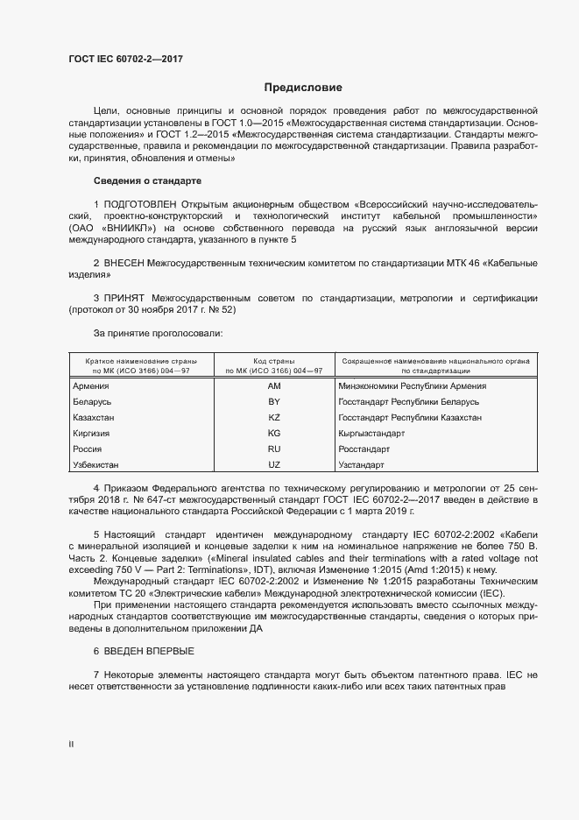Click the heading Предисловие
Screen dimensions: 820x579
click(x=303, y=88)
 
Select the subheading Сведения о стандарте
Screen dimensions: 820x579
click(x=147, y=180)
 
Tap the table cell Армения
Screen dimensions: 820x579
click(x=91, y=386)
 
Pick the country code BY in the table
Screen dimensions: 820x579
click(x=273, y=401)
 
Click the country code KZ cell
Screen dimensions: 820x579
click(x=273, y=417)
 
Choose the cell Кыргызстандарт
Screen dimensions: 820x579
click(x=371, y=433)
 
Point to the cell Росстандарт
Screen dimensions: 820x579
click(x=364, y=449)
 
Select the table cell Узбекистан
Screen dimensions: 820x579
click(x=96, y=464)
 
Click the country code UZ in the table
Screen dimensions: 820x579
click(x=273, y=464)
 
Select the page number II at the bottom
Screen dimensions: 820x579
click(x=71, y=744)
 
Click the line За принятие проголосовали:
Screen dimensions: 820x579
click(x=158, y=334)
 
